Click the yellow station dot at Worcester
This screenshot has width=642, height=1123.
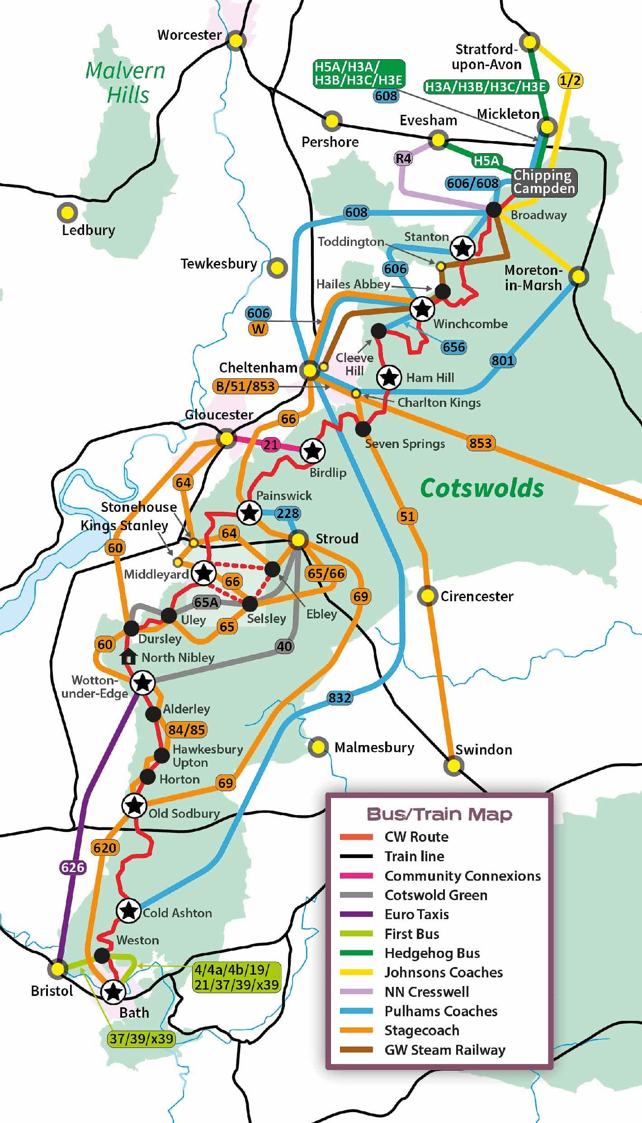[236, 41]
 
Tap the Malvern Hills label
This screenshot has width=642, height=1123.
[126, 82]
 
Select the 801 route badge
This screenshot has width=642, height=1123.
[502, 360]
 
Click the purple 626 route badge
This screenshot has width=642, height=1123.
[73, 867]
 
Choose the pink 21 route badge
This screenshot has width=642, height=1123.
[270, 444]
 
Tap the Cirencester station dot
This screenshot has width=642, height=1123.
[427, 596]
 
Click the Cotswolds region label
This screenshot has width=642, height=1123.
[482, 488]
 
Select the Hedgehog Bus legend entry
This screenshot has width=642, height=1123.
[432, 953]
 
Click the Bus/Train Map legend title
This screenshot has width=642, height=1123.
[439, 814]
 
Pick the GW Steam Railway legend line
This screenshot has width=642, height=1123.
[356, 1050]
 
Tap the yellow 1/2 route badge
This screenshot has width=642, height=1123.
[570, 80]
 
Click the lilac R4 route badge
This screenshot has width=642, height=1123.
[403, 158]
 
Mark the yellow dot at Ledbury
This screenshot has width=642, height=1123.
[67, 212]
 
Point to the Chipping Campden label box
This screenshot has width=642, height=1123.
[544, 182]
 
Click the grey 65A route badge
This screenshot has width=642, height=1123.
[206, 602]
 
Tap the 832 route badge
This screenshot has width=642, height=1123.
[340, 698]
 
